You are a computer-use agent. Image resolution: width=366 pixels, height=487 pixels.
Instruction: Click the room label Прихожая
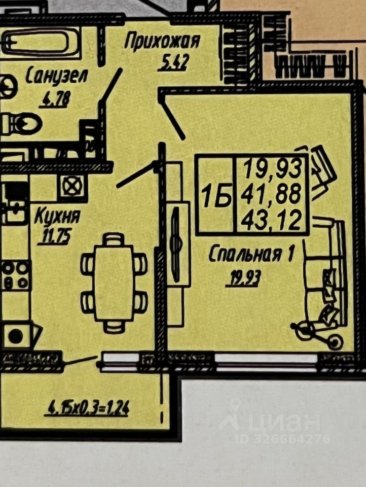click(x=162, y=41)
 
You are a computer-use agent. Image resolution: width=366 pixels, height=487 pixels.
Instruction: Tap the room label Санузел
click(x=57, y=77)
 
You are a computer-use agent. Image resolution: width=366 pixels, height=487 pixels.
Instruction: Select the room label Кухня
click(x=57, y=218)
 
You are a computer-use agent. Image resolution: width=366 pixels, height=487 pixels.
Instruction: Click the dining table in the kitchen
click(x=114, y=282)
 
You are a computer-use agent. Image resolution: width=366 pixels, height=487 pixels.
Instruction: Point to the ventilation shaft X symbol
click(x=69, y=186)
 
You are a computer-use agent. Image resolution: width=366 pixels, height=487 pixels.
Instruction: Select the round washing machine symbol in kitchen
click(x=16, y=335)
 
